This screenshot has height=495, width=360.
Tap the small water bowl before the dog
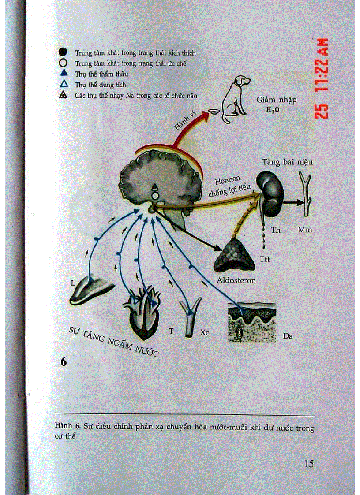214,111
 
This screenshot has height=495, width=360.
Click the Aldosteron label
236,280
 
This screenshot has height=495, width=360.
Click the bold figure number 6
64,362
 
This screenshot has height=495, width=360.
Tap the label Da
288,336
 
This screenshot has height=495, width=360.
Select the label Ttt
265,260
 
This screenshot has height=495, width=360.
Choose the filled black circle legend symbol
63,52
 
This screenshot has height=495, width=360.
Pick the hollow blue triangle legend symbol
63,84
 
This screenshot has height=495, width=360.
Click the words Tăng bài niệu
288,162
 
